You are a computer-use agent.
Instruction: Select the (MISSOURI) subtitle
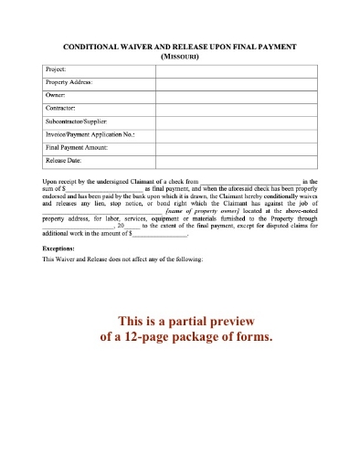point(179,56)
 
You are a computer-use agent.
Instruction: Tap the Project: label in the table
point(56,69)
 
